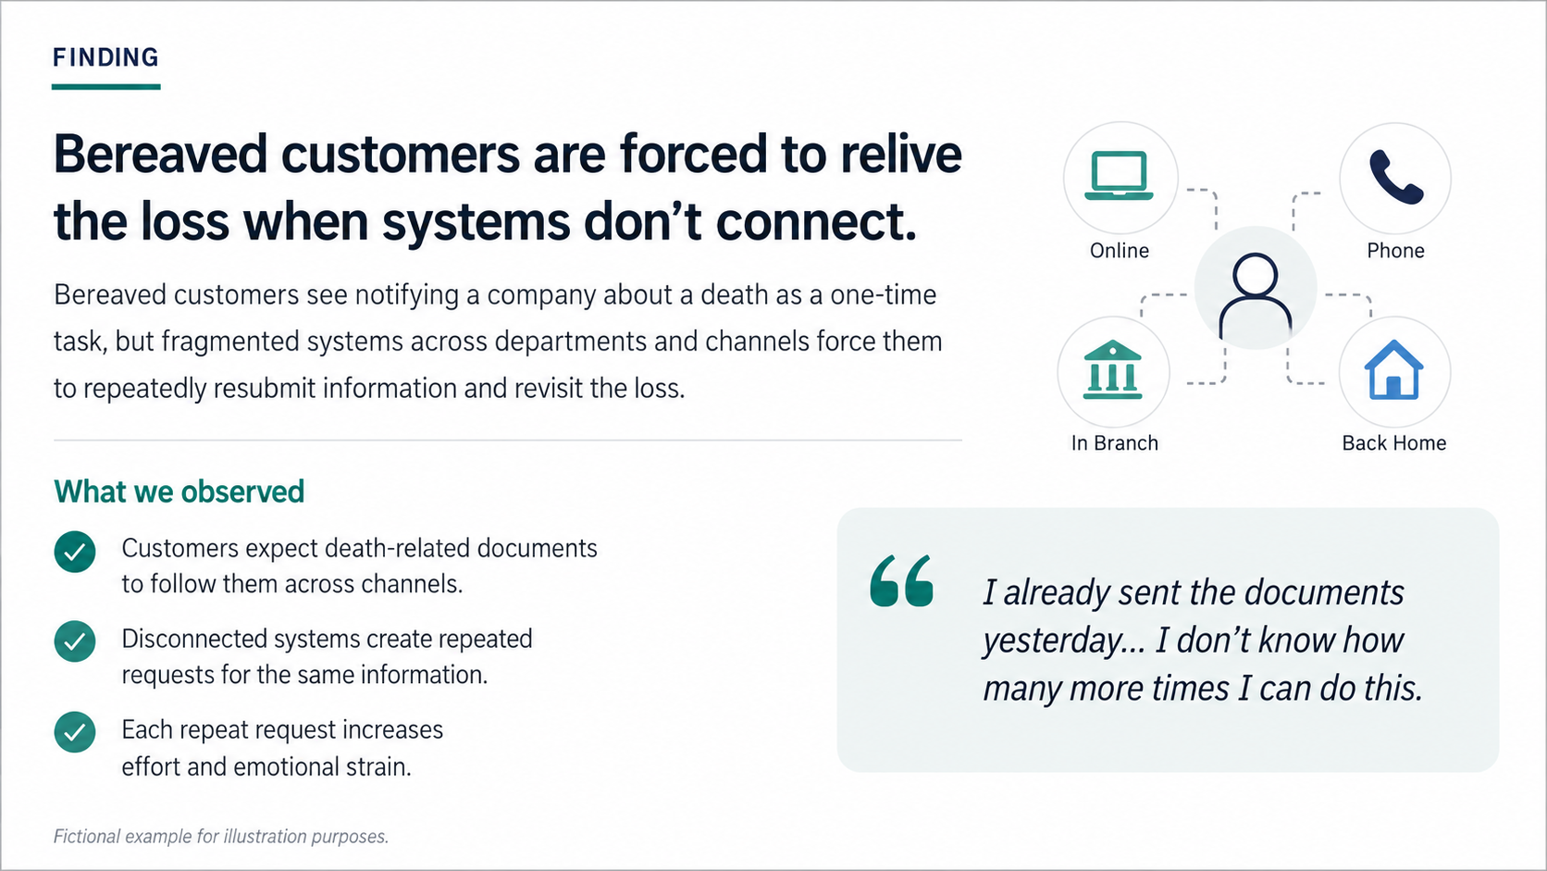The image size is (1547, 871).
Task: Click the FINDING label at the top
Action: (x=105, y=57)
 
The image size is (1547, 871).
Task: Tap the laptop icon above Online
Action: (x=1119, y=176)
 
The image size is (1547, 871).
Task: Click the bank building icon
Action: (x=1112, y=369)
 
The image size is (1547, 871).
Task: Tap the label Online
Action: (x=1120, y=251)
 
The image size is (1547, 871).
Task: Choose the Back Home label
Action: (x=1393, y=442)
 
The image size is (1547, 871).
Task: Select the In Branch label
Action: (x=1115, y=442)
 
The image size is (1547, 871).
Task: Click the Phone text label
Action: (x=1396, y=251)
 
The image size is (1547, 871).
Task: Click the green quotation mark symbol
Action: (x=901, y=581)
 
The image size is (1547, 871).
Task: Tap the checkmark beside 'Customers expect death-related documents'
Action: (x=75, y=552)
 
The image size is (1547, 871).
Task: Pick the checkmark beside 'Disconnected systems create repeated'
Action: (x=75, y=641)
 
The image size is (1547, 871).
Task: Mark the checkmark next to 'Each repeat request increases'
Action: (x=75, y=732)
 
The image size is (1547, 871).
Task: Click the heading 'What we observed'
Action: (x=179, y=491)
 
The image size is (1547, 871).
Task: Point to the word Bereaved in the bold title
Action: (x=160, y=154)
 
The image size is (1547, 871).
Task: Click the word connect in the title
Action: (x=816, y=222)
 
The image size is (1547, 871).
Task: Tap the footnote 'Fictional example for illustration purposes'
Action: (x=221, y=837)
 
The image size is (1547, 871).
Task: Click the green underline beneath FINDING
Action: (x=105, y=87)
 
